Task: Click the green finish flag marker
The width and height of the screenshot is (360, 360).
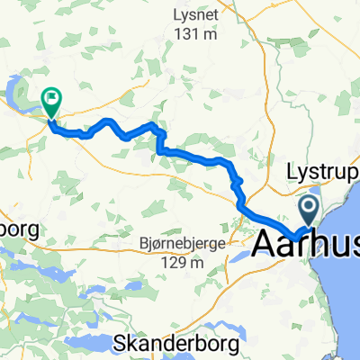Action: pos(50,101)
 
